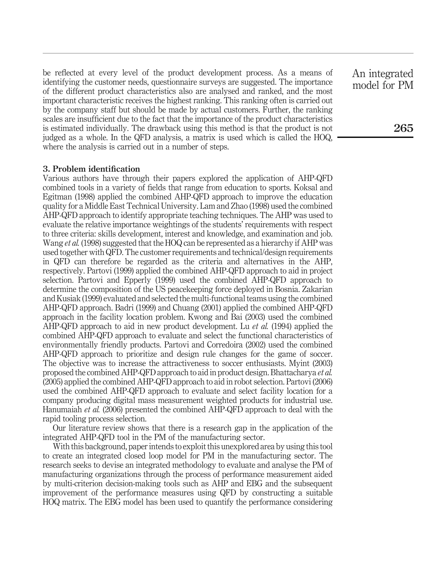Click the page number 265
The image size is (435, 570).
403,128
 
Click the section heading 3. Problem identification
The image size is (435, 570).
91,169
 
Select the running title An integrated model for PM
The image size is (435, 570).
383,79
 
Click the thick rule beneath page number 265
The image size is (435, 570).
375,137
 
